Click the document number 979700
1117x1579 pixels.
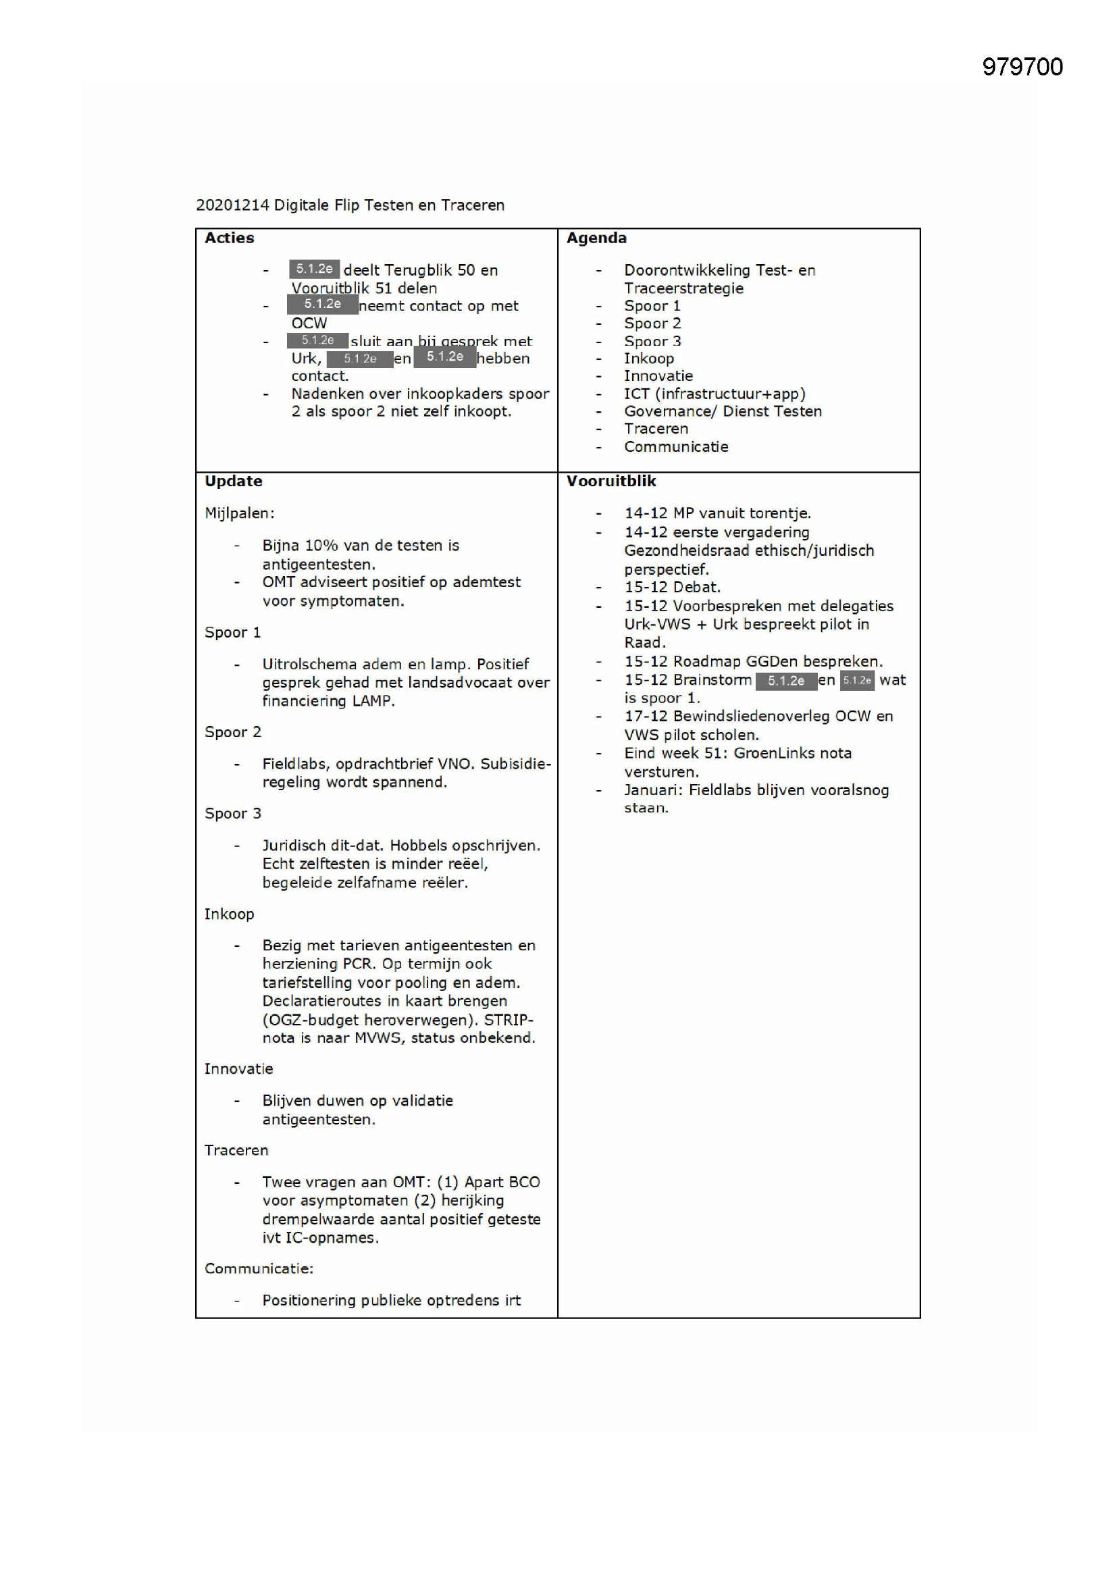point(1021,67)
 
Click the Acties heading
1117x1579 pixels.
point(229,238)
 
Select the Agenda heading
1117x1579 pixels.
point(596,238)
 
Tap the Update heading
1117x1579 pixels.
point(233,481)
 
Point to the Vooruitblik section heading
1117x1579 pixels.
point(611,481)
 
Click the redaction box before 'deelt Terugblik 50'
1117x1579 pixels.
point(314,269)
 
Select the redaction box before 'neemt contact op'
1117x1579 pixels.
point(322,304)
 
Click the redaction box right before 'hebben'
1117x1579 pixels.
point(444,357)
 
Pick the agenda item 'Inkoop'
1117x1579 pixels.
point(648,359)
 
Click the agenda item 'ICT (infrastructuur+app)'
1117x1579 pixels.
point(714,393)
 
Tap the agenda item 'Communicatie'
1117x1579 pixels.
point(675,446)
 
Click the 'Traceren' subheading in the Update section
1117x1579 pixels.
point(236,1150)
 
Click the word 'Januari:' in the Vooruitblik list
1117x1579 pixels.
point(653,789)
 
